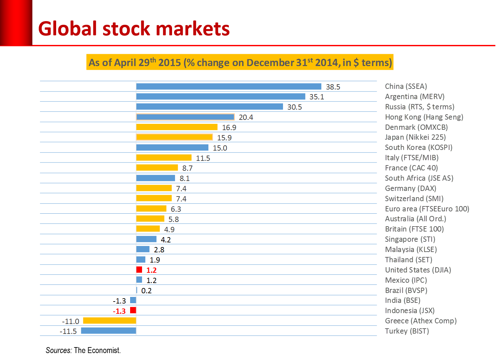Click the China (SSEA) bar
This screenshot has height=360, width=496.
[x=229, y=87]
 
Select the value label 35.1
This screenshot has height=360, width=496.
[x=317, y=97]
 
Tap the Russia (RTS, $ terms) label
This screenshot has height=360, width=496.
[x=419, y=107]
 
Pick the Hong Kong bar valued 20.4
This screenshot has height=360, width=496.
[x=185, y=117]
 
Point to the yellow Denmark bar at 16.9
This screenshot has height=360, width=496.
[x=177, y=127]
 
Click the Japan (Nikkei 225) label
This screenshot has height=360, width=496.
[x=415, y=137]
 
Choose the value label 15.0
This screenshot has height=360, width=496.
[x=220, y=148]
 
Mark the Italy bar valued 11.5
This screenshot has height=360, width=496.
[x=164, y=158]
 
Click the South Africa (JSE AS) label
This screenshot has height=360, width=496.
[x=419, y=178]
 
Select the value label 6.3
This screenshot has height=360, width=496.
[x=176, y=209]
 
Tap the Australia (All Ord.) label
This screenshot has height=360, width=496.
[x=415, y=219]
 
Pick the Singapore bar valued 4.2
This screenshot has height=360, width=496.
[x=146, y=239]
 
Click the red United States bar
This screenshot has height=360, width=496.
[x=139, y=270]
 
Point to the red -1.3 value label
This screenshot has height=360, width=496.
[x=119, y=311]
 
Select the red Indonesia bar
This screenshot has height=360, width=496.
[x=133, y=310]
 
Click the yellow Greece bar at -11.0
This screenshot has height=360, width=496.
[x=110, y=321]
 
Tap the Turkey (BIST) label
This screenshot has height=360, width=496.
[x=407, y=331]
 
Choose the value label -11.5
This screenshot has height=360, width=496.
[x=68, y=331]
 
